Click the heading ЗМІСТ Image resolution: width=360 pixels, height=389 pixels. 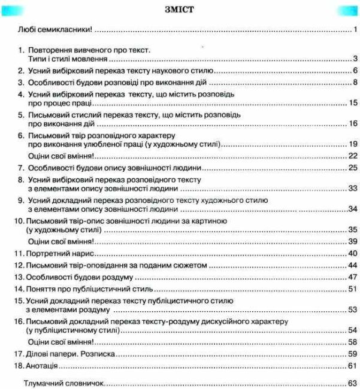(180, 10)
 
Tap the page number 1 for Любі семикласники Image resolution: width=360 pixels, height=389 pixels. (355, 29)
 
